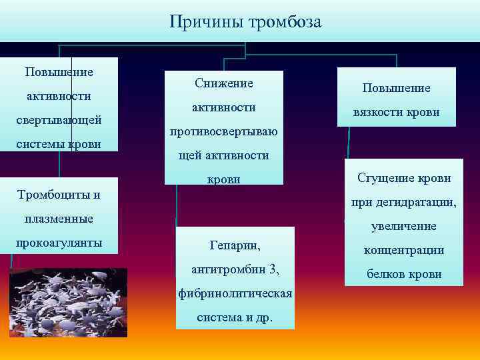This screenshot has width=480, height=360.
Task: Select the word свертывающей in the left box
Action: pyautogui.click(x=59, y=120)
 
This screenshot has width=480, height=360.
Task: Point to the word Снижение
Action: pyautogui.click(x=224, y=83)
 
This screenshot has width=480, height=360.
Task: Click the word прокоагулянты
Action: pyautogui.click(x=59, y=243)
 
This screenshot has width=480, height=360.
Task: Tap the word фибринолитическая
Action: pyautogui.click(x=235, y=294)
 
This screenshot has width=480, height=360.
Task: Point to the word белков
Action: pyautogui.click(x=382, y=274)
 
